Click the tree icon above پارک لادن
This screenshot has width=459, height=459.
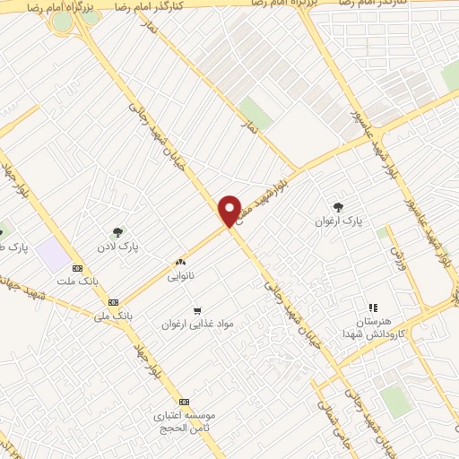point(117,231)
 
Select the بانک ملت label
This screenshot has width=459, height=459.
point(77,281)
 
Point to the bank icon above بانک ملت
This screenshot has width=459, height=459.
point(77,267)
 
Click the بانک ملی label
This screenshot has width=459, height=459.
point(113,316)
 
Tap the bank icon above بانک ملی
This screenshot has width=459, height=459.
point(113,302)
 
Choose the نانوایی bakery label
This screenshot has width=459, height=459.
point(180,277)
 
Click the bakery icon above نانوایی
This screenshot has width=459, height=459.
point(180,263)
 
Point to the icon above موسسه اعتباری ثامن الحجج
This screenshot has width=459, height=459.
point(185,402)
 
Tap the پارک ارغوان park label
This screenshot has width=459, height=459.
point(338,220)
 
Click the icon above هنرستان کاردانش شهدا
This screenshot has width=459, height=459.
point(373,307)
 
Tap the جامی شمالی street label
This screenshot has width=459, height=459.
point(331,417)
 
